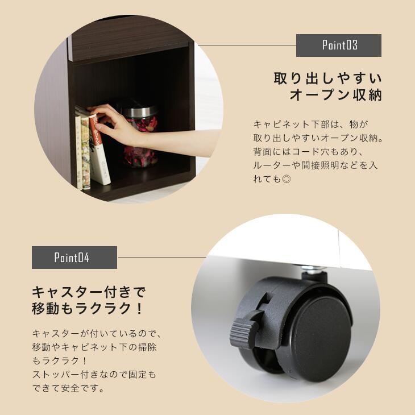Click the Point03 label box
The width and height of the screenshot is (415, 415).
(338, 45)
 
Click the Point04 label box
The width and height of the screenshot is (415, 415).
(74, 258)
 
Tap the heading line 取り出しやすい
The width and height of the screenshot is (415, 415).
(327, 78)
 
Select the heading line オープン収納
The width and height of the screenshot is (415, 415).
(335, 95)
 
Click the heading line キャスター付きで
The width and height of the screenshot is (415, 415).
(89, 292)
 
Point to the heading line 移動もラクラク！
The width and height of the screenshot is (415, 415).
(89, 309)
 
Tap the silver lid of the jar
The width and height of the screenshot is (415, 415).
(139, 110)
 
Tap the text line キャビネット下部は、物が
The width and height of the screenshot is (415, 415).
(311, 124)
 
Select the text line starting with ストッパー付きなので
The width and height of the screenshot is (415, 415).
(94, 375)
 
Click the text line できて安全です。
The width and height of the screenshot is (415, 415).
(68, 389)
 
